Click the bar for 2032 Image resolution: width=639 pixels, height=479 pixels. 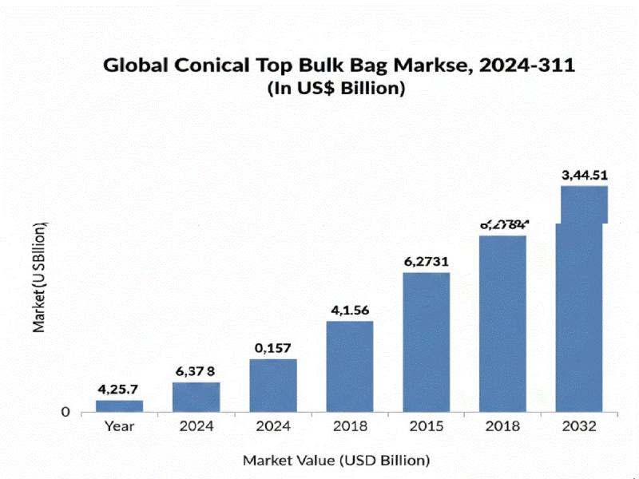(580, 311)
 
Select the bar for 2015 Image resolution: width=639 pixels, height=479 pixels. (427, 342)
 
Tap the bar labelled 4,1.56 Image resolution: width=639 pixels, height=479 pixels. (350, 366)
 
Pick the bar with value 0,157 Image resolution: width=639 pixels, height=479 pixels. (273, 385)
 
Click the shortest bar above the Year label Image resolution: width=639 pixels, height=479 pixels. (120, 406)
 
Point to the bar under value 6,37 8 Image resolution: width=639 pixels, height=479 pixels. (196, 397)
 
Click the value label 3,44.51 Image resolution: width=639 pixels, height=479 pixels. (584, 175)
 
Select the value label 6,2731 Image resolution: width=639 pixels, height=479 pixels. (427, 262)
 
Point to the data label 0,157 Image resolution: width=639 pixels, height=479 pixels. (273, 348)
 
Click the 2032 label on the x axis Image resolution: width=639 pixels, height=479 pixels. (579, 426)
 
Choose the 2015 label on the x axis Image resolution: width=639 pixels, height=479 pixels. (427, 426)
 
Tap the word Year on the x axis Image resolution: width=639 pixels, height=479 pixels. (120, 426)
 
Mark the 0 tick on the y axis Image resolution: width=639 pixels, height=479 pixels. (65, 412)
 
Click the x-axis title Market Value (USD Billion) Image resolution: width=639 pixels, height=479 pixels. (336, 460)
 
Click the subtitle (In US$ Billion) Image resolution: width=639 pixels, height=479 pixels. (335, 89)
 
